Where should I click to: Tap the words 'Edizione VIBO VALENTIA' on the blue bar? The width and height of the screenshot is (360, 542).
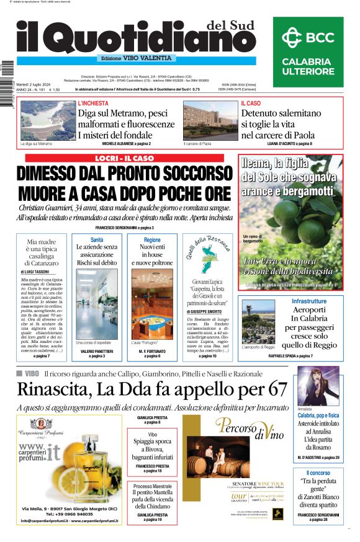(x=137, y=58)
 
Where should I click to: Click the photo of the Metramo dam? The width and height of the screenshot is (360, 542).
(x=47, y=120)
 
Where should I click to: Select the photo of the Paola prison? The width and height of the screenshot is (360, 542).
(x=206, y=120)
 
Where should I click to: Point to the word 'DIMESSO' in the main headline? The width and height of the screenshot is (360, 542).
(x=56, y=174)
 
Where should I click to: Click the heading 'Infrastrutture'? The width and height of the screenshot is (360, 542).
(x=308, y=301)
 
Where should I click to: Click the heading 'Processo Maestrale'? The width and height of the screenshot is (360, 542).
(x=152, y=486)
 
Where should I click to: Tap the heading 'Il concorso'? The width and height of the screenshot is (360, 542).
(x=318, y=473)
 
